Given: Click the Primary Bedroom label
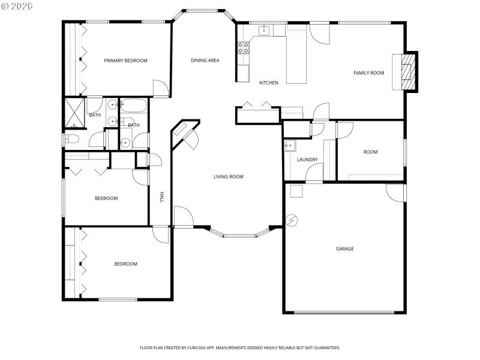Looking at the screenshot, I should [x=125, y=61].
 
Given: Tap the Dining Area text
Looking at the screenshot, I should [x=205, y=60].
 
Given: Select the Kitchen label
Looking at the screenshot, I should [x=268, y=83].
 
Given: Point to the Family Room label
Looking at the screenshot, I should [x=368, y=73].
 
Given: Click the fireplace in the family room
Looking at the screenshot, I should [x=407, y=72].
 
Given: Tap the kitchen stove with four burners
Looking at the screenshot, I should [x=244, y=48].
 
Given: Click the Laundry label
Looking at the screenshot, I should [x=307, y=160].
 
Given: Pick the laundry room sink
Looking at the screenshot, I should [x=289, y=145].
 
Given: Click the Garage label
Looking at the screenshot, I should [x=344, y=249].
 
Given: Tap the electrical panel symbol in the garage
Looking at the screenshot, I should [x=292, y=220].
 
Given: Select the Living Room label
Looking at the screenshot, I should [x=229, y=177].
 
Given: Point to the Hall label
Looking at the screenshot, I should [x=161, y=197].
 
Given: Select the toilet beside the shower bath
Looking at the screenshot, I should [x=68, y=139].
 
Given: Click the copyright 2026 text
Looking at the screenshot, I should [x=17, y=5].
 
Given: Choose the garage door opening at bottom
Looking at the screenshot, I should [x=344, y=312].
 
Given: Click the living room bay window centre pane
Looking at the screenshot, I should [x=239, y=236].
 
